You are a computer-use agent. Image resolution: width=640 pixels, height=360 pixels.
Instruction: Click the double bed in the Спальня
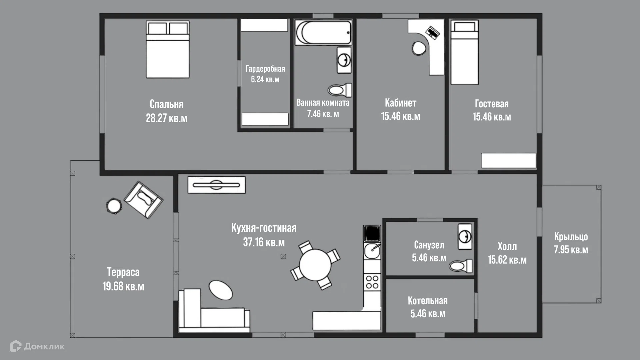[x=168, y=50]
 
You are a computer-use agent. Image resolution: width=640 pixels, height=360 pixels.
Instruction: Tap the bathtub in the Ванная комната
[x=323, y=33]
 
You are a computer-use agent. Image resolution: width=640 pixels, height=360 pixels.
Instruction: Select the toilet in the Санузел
[x=461, y=266]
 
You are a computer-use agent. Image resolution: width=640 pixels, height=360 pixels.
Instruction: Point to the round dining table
[x=315, y=265]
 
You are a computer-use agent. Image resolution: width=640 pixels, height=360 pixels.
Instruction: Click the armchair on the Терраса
[x=143, y=200]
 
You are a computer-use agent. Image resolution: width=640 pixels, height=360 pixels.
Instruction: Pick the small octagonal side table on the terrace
[x=114, y=206]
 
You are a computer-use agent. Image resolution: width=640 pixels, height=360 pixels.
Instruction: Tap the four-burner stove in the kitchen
[x=372, y=282]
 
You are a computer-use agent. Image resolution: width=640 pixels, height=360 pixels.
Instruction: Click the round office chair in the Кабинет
[x=419, y=48]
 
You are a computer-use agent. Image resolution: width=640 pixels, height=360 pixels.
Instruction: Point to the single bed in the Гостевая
[x=465, y=52]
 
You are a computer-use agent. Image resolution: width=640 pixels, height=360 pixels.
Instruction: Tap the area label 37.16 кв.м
[x=264, y=242]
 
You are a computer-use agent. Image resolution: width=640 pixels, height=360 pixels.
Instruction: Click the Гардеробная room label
[x=265, y=69]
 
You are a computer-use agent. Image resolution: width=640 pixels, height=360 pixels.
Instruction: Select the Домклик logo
[x=37, y=346]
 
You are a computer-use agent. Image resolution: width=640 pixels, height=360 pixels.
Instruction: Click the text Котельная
[x=428, y=301]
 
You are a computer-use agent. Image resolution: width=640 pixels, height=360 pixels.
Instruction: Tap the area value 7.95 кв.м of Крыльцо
[x=571, y=250]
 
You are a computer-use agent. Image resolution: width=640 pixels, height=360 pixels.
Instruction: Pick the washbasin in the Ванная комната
[x=344, y=60]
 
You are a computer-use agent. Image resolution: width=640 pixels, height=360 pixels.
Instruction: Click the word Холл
[x=507, y=246]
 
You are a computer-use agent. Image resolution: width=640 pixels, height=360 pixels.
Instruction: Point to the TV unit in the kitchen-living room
[x=217, y=185]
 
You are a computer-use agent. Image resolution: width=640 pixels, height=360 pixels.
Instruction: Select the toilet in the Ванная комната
[x=340, y=90]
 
